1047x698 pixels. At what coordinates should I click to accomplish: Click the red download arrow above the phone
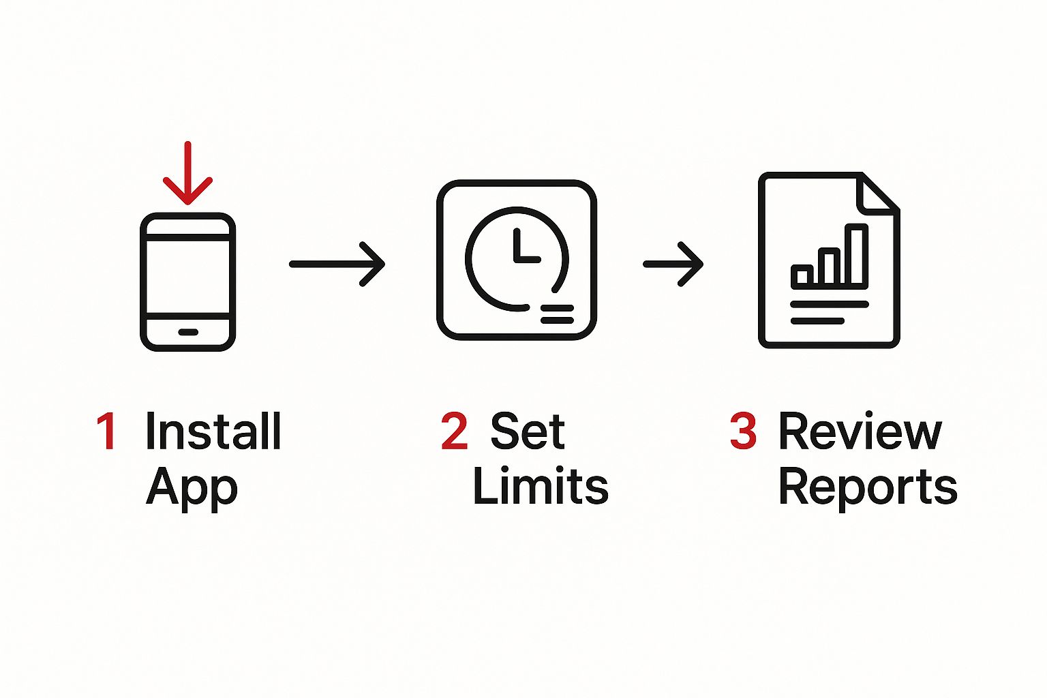188,173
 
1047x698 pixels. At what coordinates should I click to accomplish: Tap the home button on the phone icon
188,332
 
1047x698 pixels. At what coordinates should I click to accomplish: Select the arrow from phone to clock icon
337,264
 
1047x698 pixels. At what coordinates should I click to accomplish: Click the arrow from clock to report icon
673,264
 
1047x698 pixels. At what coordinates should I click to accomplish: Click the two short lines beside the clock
557,314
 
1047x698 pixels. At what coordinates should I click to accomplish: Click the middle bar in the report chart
830,267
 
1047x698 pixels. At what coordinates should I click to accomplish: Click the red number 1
106,431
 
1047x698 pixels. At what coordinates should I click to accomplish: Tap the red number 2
455,431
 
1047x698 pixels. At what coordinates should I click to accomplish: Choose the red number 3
743,431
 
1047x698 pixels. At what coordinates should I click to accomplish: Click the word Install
213,431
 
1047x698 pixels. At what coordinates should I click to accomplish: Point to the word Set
528,431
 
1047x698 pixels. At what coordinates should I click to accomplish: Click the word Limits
541,485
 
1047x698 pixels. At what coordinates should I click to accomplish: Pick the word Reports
868,489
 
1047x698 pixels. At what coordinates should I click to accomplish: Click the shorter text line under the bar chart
817,321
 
